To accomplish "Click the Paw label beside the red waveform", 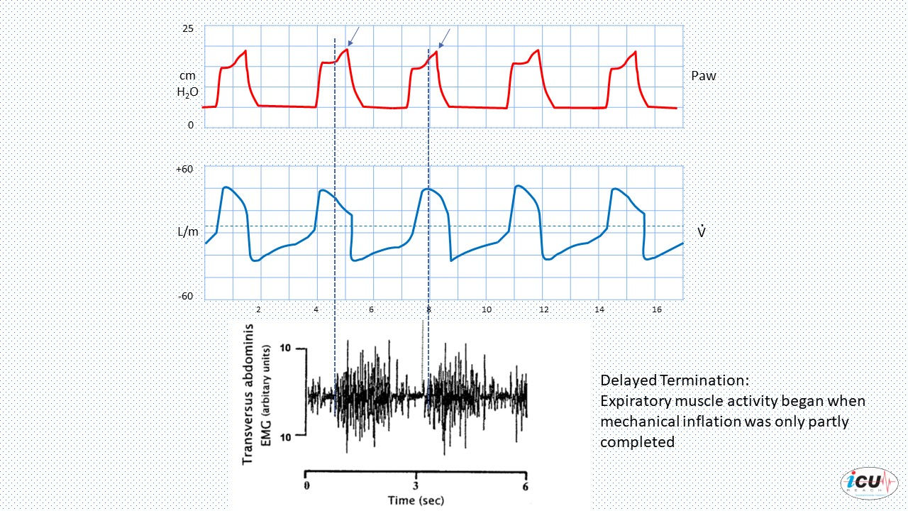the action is pyautogui.click(x=703, y=76).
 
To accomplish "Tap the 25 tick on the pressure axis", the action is pyautogui.click(x=188, y=29).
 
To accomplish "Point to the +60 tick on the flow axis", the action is pyautogui.click(x=184, y=169).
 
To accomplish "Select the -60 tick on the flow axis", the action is pyautogui.click(x=186, y=297).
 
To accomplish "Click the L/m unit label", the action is pyautogui.click(x=188, y=232).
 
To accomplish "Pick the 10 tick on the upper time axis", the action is pyautogui.click(x=487, y=310).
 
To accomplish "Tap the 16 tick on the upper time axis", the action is pyautogui.click(x=657, y=310).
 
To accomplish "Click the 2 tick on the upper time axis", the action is pyautogui.click(x=259, y=310).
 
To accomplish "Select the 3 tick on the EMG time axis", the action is pyautogui.click(x=416, y=486).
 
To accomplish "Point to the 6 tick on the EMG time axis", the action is pyautogui.click(x=526, y=486).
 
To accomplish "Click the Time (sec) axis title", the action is pyautogui.click(x=416, y=500).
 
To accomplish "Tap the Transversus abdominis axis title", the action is pyautogui.click(x=248, y=394).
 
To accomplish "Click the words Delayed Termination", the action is pyautogui.click(x=675, y=380).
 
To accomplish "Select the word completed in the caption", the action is pyautogui.click(x=637, y=442).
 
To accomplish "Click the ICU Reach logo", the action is pyautogui.click(x=869, y=483).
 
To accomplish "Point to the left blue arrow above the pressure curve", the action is pyautogui.click(x=353, y=36).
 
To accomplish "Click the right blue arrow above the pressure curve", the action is pyautogui.click(x=444, y=38).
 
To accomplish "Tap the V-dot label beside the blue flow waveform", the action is pyautogui.click(x=702, y=231).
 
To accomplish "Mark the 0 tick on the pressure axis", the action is pyautogui.click(x=191, y=126).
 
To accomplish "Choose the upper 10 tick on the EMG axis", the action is pyautogui.click(x=285, y=348).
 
